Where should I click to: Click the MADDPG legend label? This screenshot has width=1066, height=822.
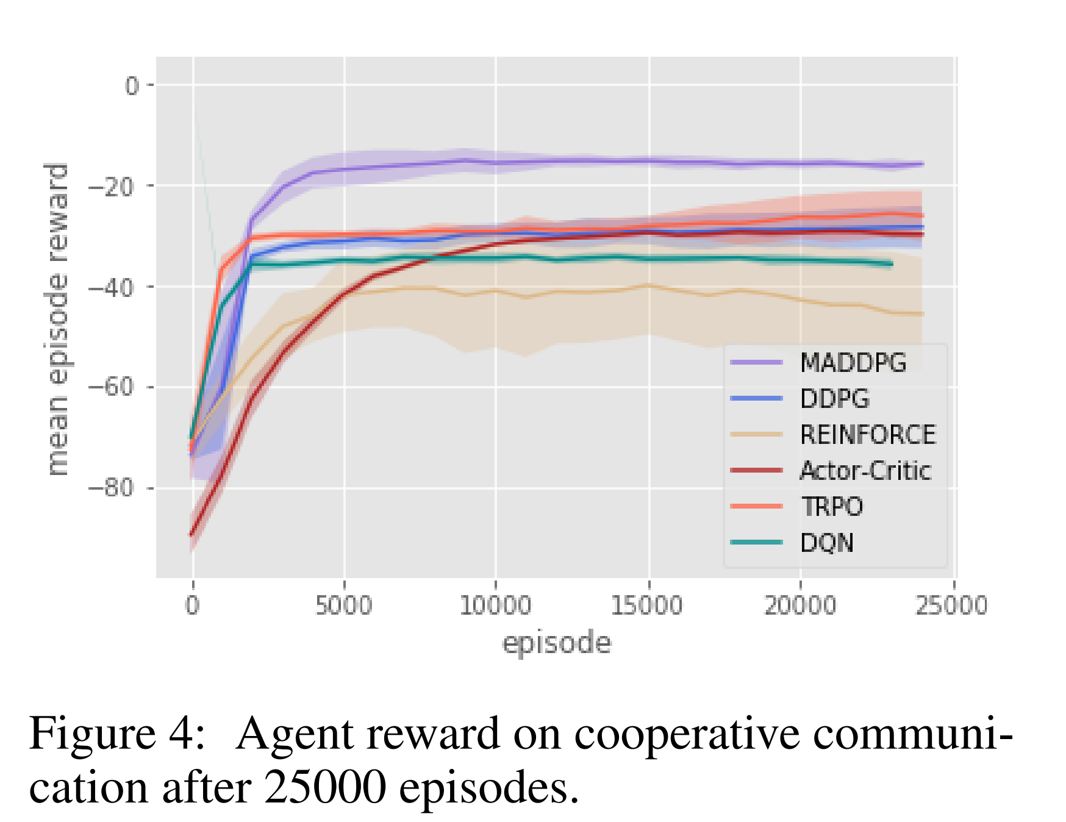(x=853, y=363)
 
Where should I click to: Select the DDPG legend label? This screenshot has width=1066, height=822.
(x=834, y=399)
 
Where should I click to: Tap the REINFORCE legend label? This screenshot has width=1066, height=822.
(x=867, y=435)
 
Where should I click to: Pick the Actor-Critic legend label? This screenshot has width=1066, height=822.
(x=865, y=471)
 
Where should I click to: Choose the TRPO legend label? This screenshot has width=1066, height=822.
(x=831, y=507)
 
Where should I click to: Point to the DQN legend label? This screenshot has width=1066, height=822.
(x=826, y=543)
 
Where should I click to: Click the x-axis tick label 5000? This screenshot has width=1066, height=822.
(x=344, y=606)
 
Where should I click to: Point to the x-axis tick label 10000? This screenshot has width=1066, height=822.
(x=495, y=606)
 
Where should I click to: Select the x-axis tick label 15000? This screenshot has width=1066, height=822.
(x=648, y=606)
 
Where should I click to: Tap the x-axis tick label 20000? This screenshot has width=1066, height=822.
(x=799, y=606)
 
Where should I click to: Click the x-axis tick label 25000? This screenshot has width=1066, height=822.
(x=951, y=606)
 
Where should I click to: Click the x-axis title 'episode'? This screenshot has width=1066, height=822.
(x=556, y=644)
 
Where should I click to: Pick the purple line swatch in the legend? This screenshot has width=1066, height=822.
(x=756, y=363)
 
